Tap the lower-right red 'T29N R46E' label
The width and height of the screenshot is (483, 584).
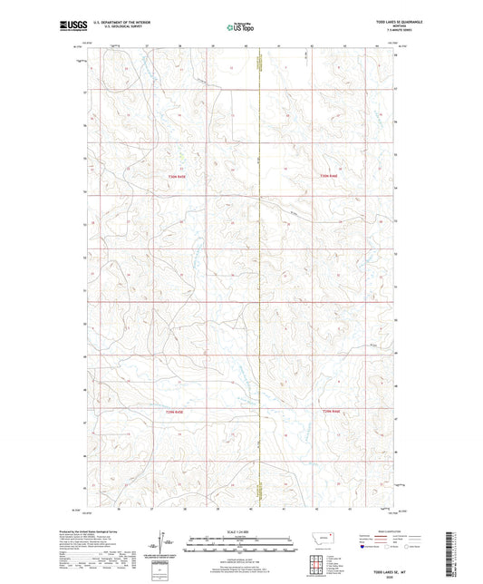[x=333, y=413]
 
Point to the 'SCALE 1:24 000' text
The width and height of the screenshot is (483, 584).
[x=240, y=530]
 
